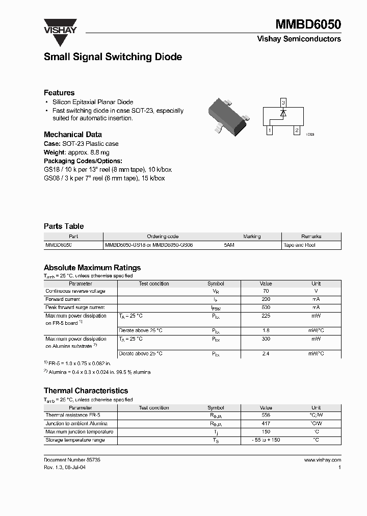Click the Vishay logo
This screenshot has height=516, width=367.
tap(60, 27)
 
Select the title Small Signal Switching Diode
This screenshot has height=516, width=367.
tap(113, 57)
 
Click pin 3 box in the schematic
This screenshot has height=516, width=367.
tap(283, 102)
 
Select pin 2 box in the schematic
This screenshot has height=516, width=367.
tap(297, 131)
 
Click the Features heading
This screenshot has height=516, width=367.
tap(59, 93)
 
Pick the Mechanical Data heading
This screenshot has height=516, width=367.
tap(72, 135)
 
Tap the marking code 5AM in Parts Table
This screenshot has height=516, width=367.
tap(229, 245)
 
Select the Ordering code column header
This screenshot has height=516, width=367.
tap(163, 237)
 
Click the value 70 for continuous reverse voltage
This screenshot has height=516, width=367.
tap(266, 291)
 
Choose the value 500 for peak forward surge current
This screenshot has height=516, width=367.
tap(266, 307)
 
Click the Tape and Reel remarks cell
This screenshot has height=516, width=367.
tap(299, 245)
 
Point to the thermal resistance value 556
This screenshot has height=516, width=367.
tap(266, 416)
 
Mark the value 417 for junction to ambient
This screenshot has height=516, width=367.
tap(266, 424)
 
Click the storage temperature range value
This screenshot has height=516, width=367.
tap(266, 440)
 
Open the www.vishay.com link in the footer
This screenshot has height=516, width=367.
tap(322, 460)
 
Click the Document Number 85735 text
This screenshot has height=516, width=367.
tap(72, 460)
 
